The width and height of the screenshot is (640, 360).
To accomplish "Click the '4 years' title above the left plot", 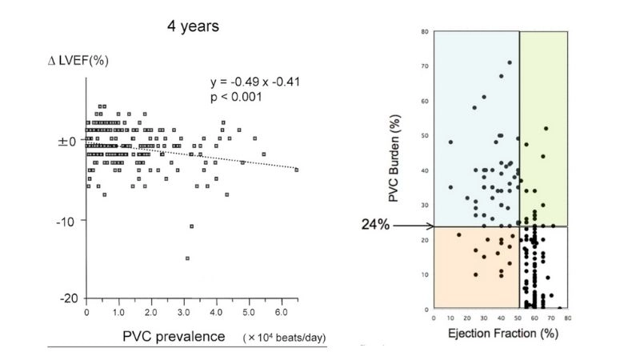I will pyautogui.click(x=193, y=26).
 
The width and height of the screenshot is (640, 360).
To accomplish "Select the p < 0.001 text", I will pyautogui.click(x=236, y=97).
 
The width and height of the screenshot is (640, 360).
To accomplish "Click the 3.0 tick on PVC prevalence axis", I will pyautogui.click(x=185, y=311).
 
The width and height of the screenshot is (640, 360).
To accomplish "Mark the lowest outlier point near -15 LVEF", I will pyautogui.click(x=187, y=258).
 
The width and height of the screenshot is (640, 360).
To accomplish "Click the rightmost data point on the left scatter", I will pyautogui.click(x=297, y=170).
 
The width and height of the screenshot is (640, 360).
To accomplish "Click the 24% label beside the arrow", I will pyautogui.click(x=374, y=226).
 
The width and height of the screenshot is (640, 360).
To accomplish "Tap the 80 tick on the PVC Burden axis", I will pyautogui.click(x=425, y=32).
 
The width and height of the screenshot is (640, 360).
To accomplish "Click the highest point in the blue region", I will pyautogui.click(x=510, y=62).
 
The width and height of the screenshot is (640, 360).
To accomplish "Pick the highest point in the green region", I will pyautogui.click(x=546, y=128).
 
